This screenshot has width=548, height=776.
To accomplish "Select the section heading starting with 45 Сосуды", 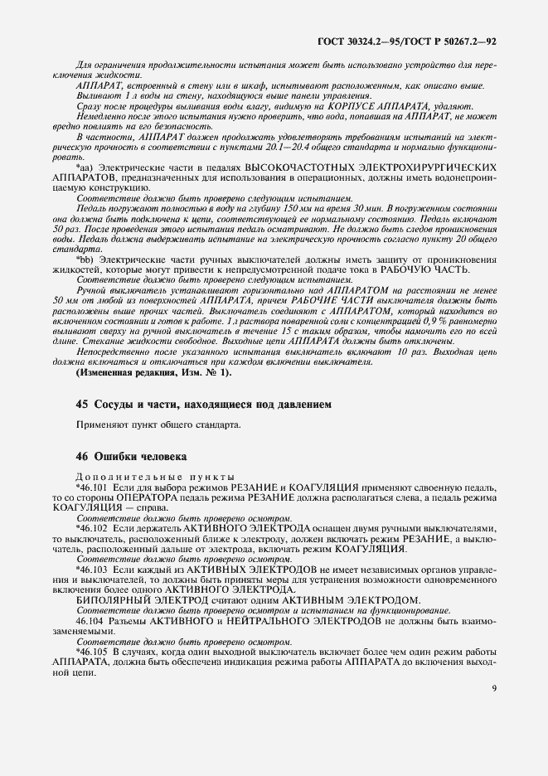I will (x=203, y=405).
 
